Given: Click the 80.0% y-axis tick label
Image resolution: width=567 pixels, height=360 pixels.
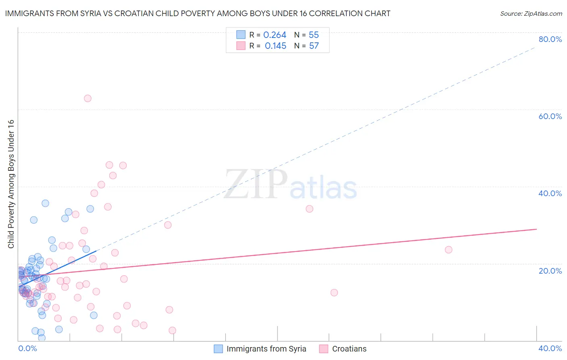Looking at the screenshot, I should pyautogui.click(x=550, y=39).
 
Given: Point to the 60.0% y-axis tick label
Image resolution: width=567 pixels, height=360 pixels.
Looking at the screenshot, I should pyautogui.click(x=550, y=116).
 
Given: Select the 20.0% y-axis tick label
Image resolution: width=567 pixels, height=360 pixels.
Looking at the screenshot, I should pyautogui.click(x=550, y=270).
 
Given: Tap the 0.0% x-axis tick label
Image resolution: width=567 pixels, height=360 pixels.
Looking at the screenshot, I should pyautogui.click(x=27, y=348).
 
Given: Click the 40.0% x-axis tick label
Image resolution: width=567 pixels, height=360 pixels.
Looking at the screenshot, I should pyautogui.click(x=550, y=348).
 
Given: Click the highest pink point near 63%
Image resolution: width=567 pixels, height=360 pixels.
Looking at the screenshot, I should pyautogui.click(x=88, y=98).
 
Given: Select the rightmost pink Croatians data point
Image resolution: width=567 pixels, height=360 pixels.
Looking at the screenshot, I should pyautogui.click(x=448, y=250).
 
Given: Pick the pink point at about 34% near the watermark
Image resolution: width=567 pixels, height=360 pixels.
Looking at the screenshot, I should pyautogui.click(x=309, y=209).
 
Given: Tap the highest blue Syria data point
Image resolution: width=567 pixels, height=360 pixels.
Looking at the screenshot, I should pyautogui.click(x=46, y=203).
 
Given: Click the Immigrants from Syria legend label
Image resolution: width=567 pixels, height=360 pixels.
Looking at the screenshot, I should pyautogui.click(x=266, y=349).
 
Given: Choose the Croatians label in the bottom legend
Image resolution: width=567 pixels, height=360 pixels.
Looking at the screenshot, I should pyautogui.click(x=349, y=349).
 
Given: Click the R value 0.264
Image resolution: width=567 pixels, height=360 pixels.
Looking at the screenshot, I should pyautogui.click(x=275, y=35).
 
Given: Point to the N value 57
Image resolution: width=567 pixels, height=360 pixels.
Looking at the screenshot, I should pyautogui.click(x=314, y=46).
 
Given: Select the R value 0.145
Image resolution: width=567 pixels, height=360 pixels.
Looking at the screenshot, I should pyautogui.click(x=275, y=46).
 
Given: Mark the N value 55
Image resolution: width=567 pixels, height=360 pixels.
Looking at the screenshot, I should pyautogui.click(x=314, y=35).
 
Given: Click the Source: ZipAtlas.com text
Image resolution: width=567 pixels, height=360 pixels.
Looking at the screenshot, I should pyautogui.click(x=531, y=14).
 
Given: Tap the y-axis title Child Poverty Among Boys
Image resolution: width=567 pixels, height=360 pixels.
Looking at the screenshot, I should pyautogui.click(x=11, y=184).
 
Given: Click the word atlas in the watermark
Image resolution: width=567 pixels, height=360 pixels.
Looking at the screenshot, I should pyautogui.click(x=323, y=188).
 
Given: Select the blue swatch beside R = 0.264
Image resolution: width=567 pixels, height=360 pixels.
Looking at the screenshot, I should pyautogui.click(x=241, y=35).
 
